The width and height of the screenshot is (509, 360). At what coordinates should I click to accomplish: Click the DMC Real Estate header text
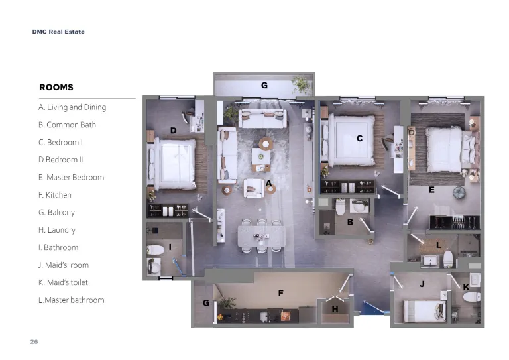click(x=58, y=32)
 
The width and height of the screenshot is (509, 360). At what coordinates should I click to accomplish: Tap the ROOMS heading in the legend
click(x=56, y=87)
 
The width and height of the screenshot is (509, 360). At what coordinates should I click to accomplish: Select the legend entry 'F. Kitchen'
click(x=54, y=195)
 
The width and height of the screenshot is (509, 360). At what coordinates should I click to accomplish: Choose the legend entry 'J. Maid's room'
click(x=64, y=265)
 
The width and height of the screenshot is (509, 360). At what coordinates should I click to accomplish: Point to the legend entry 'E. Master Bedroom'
click(x=71, y=177)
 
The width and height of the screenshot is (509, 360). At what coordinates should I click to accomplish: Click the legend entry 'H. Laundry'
click(x=57, y=230)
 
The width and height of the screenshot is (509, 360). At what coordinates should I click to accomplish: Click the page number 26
click(x=34, y=342)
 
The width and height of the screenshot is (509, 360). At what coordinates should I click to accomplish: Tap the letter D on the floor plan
click(x=174, y=131)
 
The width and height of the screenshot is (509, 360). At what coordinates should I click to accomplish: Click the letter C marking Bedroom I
click(x=359, y=139)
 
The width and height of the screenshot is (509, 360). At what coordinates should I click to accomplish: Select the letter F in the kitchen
click(x=281, y=293)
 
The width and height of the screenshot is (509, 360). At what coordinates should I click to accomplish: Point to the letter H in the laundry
click(x=335, y=309)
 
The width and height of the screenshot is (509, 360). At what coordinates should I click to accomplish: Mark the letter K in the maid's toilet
click(x=466, y=287)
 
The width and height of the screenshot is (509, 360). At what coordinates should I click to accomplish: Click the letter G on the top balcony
click(x=264, y=85)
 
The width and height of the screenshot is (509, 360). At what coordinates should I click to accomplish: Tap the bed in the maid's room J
click(x=425, y=312)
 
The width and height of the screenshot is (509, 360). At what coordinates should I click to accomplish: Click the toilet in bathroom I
click(x=156, y=250)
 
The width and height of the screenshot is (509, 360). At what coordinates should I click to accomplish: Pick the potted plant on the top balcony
click(x=302, y=84)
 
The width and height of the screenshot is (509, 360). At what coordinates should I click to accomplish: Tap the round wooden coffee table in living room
click(x=266, y=143)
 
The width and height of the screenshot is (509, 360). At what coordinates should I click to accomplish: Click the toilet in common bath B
click(x=340, y=208)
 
